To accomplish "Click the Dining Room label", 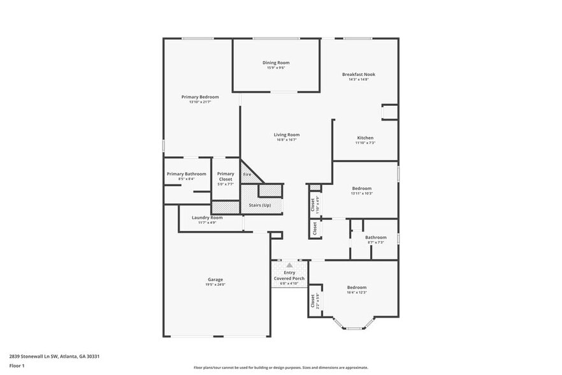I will (x=276, y=62).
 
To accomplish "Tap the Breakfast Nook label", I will (x=358, y=74).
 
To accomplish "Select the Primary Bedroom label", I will (x=200, y=97).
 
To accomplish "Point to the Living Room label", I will (x=287, y=135).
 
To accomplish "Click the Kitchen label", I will (x=365, y=138).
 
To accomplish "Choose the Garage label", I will (x=215, y=279).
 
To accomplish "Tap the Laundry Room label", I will (x=207, y=217).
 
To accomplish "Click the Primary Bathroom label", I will (x=187, y=174).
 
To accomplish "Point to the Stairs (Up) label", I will (x=259, y=205).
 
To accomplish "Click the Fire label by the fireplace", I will (x=247, y=174).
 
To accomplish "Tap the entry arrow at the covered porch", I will (x=289, y=265).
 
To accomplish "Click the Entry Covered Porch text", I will (x=289, y=276).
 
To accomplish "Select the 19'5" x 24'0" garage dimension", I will (x=215, y=284).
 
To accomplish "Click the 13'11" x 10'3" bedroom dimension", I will (x=361, y=193).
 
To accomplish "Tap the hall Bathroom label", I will (x=375, y=238).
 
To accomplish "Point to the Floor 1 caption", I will (x=17, y=365).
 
